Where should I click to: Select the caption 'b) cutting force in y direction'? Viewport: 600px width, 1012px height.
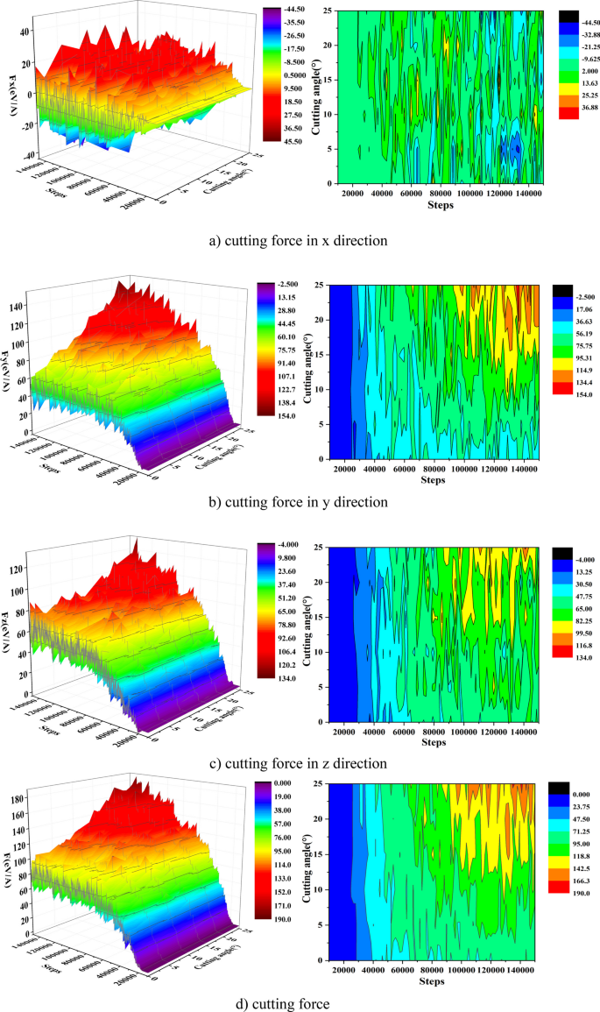coord(299,502)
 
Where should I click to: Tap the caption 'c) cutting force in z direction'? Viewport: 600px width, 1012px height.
coord(299,762)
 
